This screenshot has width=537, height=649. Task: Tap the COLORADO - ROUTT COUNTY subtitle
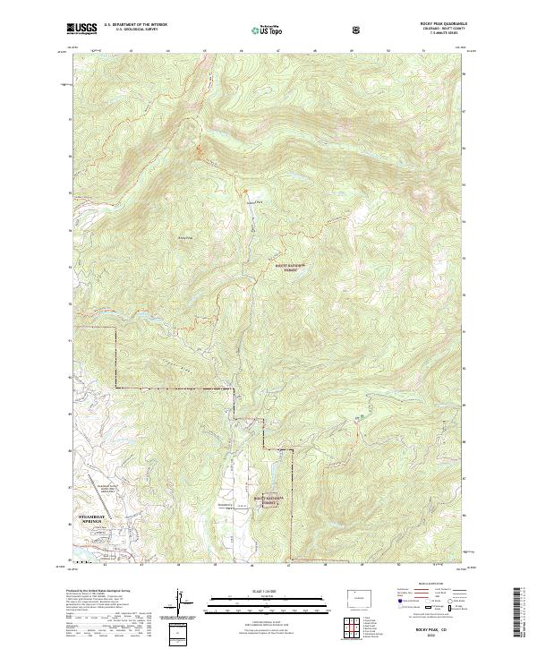[x=447, y=30]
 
